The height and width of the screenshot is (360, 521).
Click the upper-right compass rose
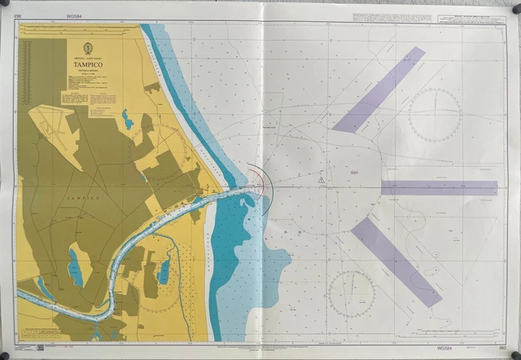click(434, 115)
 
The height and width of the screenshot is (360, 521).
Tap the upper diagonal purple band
click(379, 90)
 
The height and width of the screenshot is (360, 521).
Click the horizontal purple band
click(439, 187)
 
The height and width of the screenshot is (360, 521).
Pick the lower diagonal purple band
click(396, 261)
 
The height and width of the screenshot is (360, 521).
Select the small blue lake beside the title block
click(128, 121)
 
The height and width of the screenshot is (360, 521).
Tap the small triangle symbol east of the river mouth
click(322, 179)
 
